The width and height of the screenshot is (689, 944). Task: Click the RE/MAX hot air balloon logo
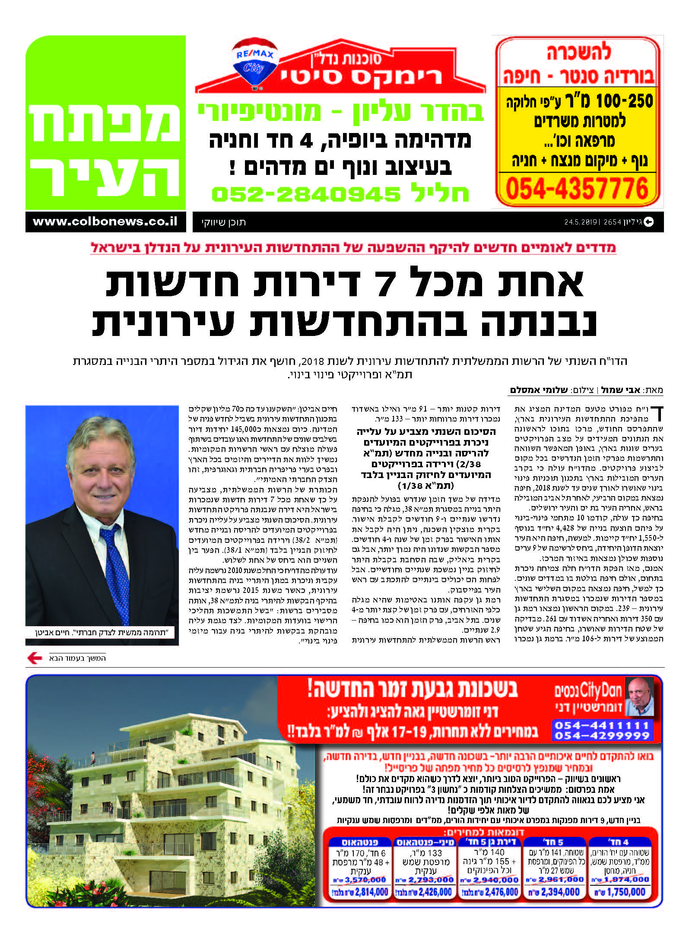coord(254,65)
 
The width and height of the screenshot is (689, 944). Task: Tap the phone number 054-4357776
coord(577,189)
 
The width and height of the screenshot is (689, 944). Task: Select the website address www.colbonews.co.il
coord(105,222)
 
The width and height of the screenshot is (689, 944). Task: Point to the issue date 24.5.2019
coord(580,222)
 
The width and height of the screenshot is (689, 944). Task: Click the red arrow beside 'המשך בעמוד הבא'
coord(35,658)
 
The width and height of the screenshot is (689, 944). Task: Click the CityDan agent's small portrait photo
coord(640,697)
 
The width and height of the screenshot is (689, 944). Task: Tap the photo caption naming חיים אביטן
coord(102,633)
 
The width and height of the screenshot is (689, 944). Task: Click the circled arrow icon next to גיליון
coord(648,222)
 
